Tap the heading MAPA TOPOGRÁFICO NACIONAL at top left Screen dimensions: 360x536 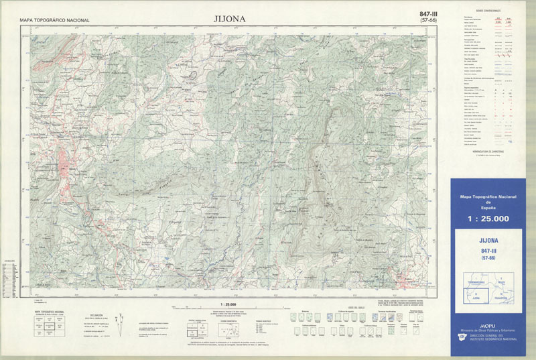pyautogui.click(x=54, y=21)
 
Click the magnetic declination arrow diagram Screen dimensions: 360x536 pyautogui.click(x=119, y=326)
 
